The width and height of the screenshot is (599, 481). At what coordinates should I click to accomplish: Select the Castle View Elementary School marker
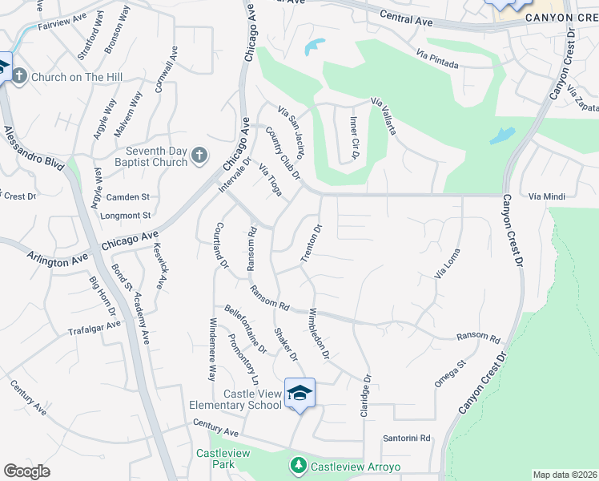[x=299, y=393]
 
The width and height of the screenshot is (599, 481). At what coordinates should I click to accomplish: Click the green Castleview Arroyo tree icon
[x=299, y=466]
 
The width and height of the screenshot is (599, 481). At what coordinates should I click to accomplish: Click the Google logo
[x=26, y=471]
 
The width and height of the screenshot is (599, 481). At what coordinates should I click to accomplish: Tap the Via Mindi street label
[x=547, y=196]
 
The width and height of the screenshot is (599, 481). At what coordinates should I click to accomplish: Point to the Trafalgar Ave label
[x=94, y=327]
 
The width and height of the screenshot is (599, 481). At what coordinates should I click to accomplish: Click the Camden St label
[x=128, y=197]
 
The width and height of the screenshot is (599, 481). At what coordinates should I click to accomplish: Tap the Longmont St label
[x=127, y=216]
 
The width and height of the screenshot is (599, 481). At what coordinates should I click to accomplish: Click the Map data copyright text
[x=564, y=475]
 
